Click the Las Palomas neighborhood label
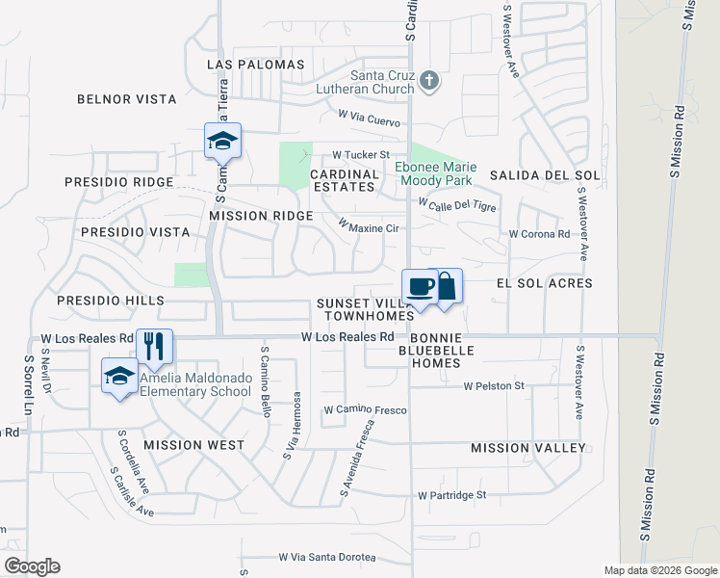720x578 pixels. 256,65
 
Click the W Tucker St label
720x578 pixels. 360,154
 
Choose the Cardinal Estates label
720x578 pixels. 343,180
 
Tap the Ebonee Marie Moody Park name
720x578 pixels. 436,173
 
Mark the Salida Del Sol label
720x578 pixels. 545,175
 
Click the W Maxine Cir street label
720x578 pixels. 368,225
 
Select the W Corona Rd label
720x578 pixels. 539,234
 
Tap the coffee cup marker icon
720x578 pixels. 420,286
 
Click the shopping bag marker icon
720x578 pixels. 446,287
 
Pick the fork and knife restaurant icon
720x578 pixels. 155,346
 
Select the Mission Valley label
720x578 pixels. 527,448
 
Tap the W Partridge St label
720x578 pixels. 452,495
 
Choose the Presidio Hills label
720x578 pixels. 110,301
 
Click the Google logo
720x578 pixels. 32,565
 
